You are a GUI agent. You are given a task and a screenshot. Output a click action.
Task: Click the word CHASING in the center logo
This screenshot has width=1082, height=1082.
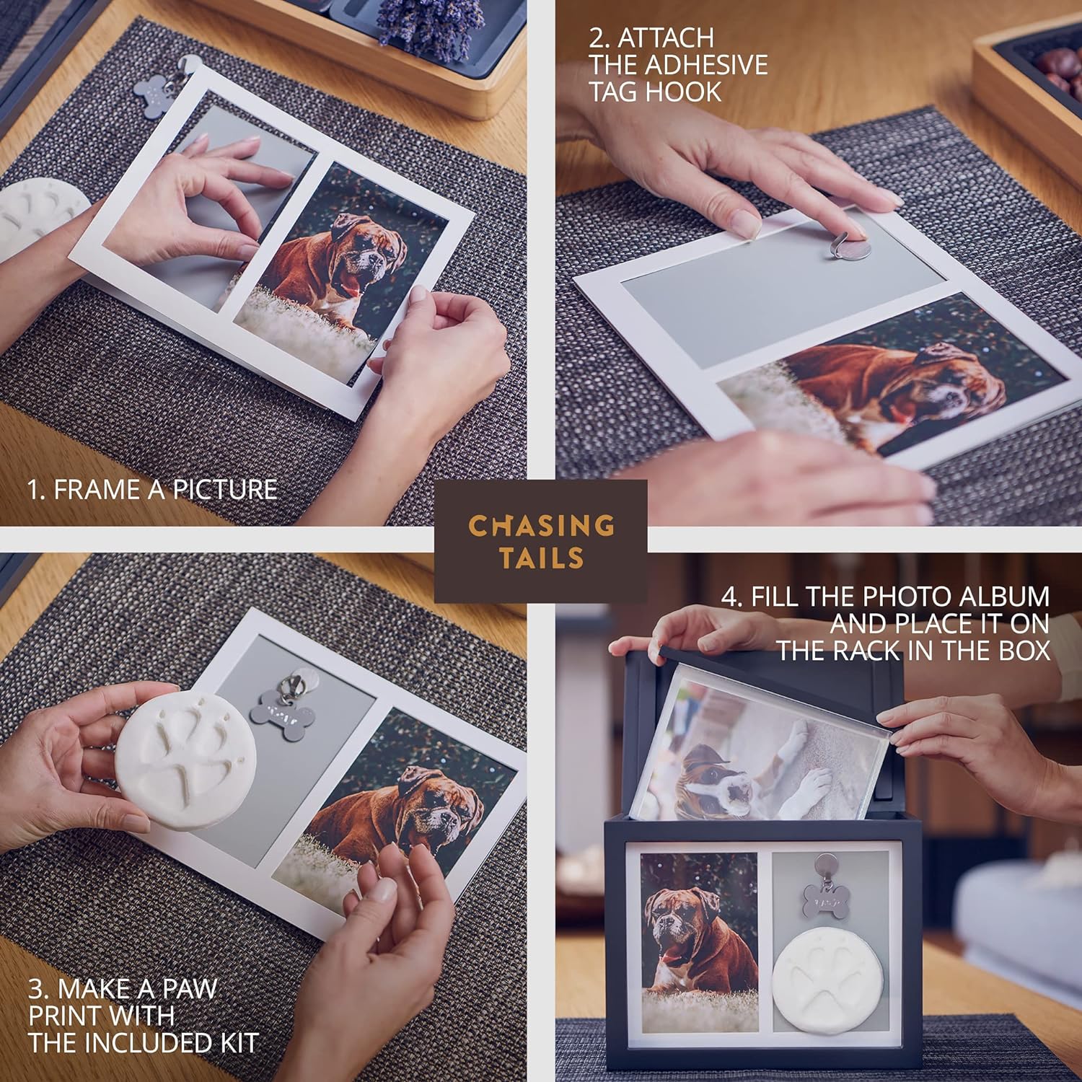coord(541,526)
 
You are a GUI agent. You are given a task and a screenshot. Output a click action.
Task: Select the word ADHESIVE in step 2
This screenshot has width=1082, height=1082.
coord(707,65)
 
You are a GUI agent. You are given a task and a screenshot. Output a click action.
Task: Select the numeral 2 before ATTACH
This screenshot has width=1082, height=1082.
coord(596,38)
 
